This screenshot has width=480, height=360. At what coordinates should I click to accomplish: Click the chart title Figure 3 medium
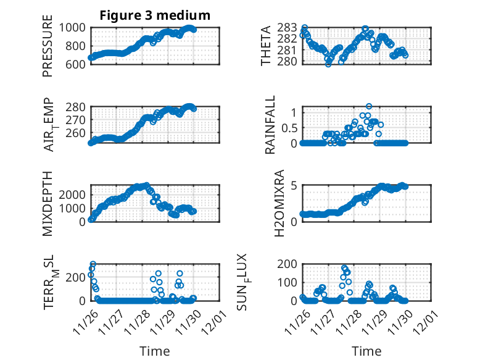coord(155,15)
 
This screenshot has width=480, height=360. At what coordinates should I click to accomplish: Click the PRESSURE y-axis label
coord(48,51)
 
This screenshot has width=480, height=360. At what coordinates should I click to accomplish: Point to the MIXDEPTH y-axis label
coord(48,203)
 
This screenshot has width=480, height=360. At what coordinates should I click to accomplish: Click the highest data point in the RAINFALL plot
coord(369,106)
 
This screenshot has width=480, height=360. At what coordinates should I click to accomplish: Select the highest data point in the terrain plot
coord(93,264)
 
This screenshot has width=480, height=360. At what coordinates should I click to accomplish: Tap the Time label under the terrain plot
coord(155,351)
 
